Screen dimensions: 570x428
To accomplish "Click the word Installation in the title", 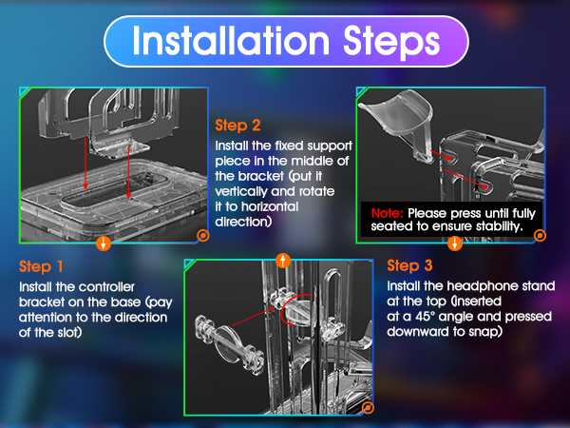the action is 231,40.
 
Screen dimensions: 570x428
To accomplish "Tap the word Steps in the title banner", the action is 391,43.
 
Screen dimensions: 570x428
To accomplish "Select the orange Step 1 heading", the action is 41,266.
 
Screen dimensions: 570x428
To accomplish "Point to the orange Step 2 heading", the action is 237,126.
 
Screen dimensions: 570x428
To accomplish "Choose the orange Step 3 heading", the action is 409,265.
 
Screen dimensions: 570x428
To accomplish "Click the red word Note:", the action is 388,213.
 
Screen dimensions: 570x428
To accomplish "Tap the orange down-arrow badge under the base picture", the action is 104,243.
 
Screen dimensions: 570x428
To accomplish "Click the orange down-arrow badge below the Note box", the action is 455,243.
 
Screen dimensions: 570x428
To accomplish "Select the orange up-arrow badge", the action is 283,261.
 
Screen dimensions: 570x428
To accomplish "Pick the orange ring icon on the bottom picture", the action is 368,408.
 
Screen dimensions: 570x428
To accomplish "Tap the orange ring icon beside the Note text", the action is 540,236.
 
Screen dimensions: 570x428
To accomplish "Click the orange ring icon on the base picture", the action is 203,236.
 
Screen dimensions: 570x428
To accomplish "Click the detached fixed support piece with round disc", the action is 230,342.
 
